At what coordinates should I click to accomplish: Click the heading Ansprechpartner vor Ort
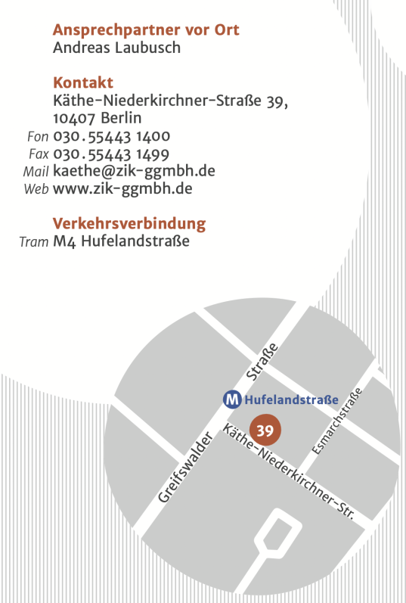(x=146, y=30)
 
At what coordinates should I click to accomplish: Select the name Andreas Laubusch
(x=116, y=48)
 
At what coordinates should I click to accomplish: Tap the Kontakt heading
(x=83, y=82)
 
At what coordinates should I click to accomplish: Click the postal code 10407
(x=74, y=119)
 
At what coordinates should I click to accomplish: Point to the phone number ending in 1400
(x=111, y=136)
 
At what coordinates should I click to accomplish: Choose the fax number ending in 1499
(x=111, y=154)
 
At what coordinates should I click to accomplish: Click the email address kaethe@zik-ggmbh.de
(x=134, y=171)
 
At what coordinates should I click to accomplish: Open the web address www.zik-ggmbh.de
(x=122, y=188)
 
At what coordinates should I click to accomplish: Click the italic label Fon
(x=38, y=137)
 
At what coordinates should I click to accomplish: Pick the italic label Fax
(x=39, y=154)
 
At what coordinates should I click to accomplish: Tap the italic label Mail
(x=36, y=172)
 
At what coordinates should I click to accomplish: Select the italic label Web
(x=36, y=189)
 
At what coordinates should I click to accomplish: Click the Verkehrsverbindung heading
(x=129, y=224)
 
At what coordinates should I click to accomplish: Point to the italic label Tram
(x=33, y=242)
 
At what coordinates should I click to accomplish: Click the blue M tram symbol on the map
(x=231, y=398)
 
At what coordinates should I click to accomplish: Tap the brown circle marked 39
(x=265, y=430)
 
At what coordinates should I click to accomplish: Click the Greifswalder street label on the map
(x=184, y=465)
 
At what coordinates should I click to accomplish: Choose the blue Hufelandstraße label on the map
(x=290, y=399)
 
